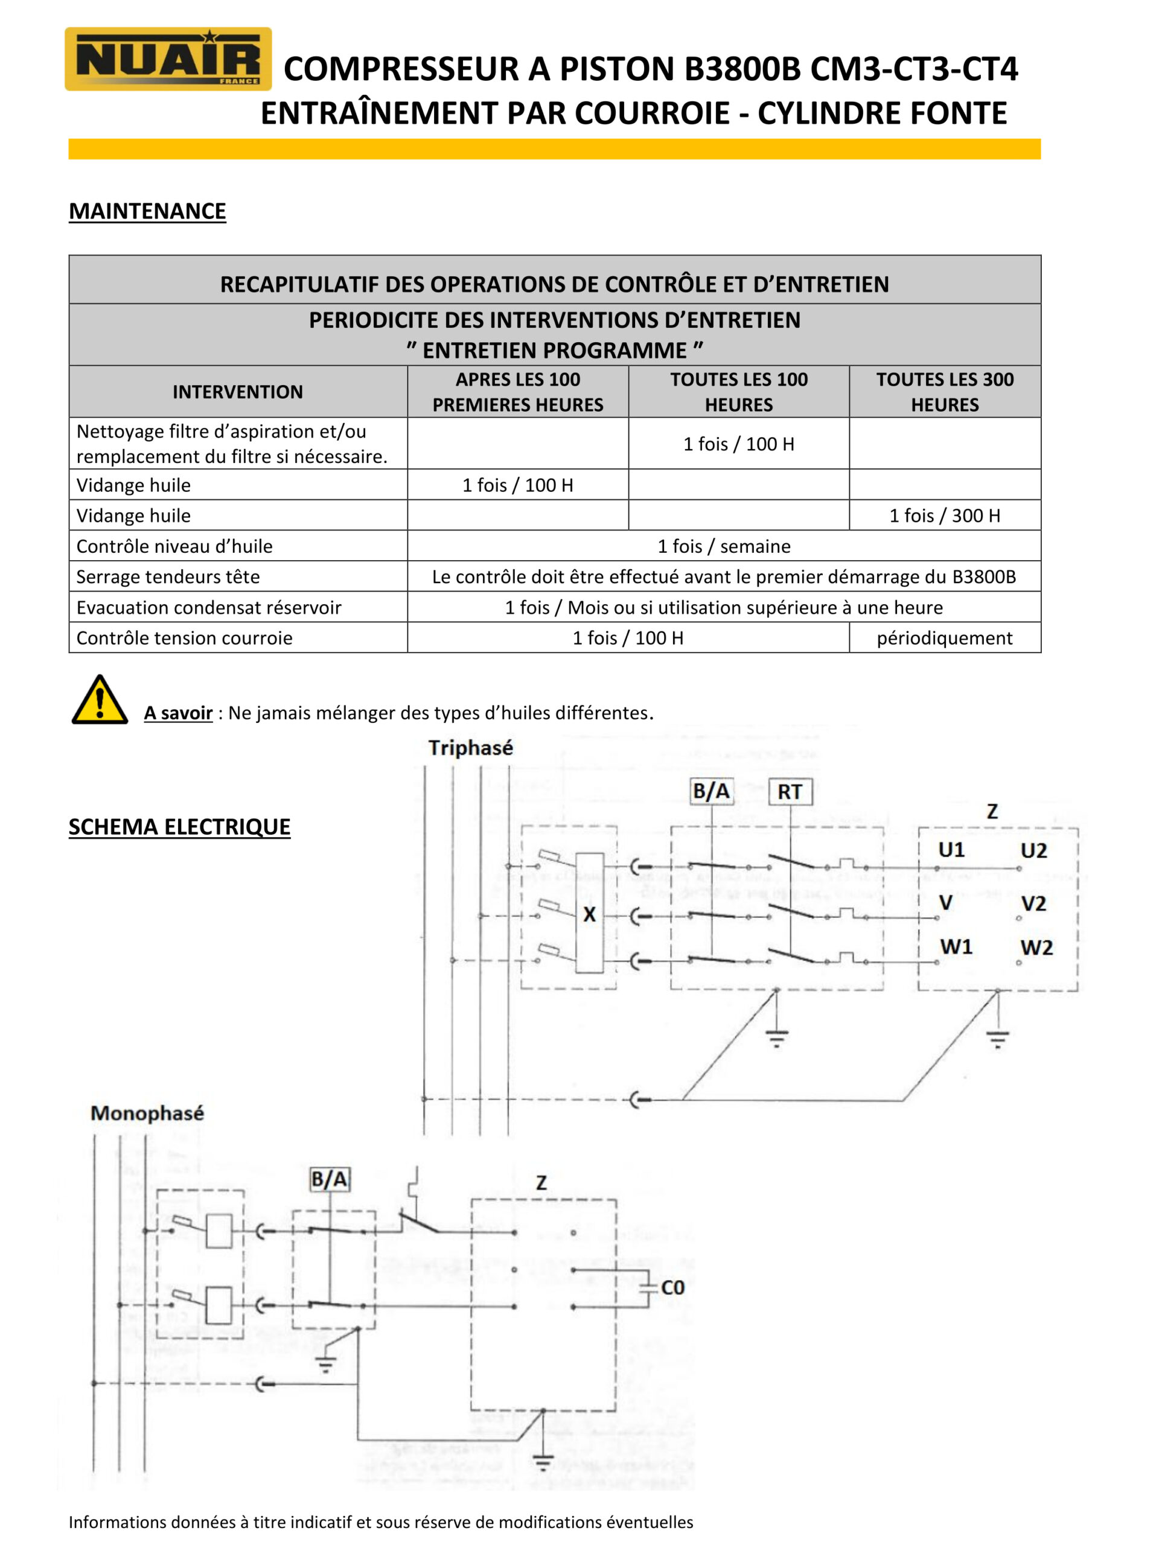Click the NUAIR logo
click(x=168, y=59)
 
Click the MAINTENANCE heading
click(x=147, y=211)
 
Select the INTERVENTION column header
click(x=237, y=392)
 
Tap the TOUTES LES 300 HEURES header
click(x=945, y=392)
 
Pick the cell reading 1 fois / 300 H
click(x=945, y=515)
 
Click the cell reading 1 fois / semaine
click(x=724, y=546)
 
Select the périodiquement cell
click(x=945, y=638)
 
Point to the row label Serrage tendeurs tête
click(x=168, y=577)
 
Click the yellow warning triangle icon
click(x=100, y=700)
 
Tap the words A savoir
click(x=178, y=713)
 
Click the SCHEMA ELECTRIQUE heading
click(x=179, y=827)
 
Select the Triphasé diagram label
click(x=471, y=748)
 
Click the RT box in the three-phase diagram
click(x=790, y=792)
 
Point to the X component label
click(x=590, y=914)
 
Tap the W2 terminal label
click(x=1036, y=948)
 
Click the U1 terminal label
click(x=951, y=850)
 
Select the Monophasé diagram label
click(x=147, y=1113)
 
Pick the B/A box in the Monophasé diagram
click(x=329, y=1180)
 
